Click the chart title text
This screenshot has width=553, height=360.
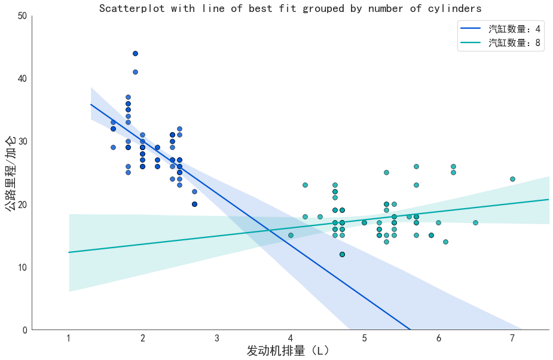290,8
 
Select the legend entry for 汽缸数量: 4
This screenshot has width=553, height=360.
514,29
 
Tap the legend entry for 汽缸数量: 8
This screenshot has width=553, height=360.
514,42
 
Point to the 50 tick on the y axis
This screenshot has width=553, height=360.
22,16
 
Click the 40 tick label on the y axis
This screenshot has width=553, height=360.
22,78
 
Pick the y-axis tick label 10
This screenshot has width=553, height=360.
22,267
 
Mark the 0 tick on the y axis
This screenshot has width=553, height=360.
25,330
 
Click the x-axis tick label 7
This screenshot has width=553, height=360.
512,338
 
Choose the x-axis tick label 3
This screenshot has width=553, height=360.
216,338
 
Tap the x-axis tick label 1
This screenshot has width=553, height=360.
69,338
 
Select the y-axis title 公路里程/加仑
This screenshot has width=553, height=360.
10,173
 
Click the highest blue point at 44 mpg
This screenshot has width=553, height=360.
135,53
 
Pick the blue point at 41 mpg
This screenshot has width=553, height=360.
135,72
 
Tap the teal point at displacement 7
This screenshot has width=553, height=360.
512,179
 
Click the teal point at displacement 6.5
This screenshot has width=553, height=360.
475,222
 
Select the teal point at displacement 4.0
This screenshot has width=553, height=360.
291,235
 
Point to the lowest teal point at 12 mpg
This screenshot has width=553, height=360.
342,254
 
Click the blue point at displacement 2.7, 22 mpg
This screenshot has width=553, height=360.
194,191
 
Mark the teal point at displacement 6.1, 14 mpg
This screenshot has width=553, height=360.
445,242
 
